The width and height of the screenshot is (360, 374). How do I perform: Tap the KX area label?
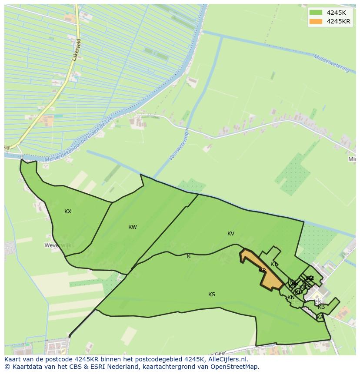(68, 212)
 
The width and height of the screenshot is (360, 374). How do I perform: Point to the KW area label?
(133, 227)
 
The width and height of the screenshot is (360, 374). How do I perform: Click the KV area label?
(231, 234)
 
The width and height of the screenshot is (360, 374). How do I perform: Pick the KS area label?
(212, 295)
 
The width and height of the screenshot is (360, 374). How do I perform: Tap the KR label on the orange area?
(262, 271)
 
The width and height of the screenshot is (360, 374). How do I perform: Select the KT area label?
(274, 264)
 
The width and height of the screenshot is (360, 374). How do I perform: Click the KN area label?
(291, 298)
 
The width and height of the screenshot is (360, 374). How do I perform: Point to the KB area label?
(321, 307)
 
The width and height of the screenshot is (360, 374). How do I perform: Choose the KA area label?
(320, 318)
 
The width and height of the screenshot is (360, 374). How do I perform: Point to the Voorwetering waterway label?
(179, 146)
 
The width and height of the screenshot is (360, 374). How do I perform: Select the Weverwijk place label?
(57, 245)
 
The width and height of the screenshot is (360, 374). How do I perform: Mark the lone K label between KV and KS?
(189, 256)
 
